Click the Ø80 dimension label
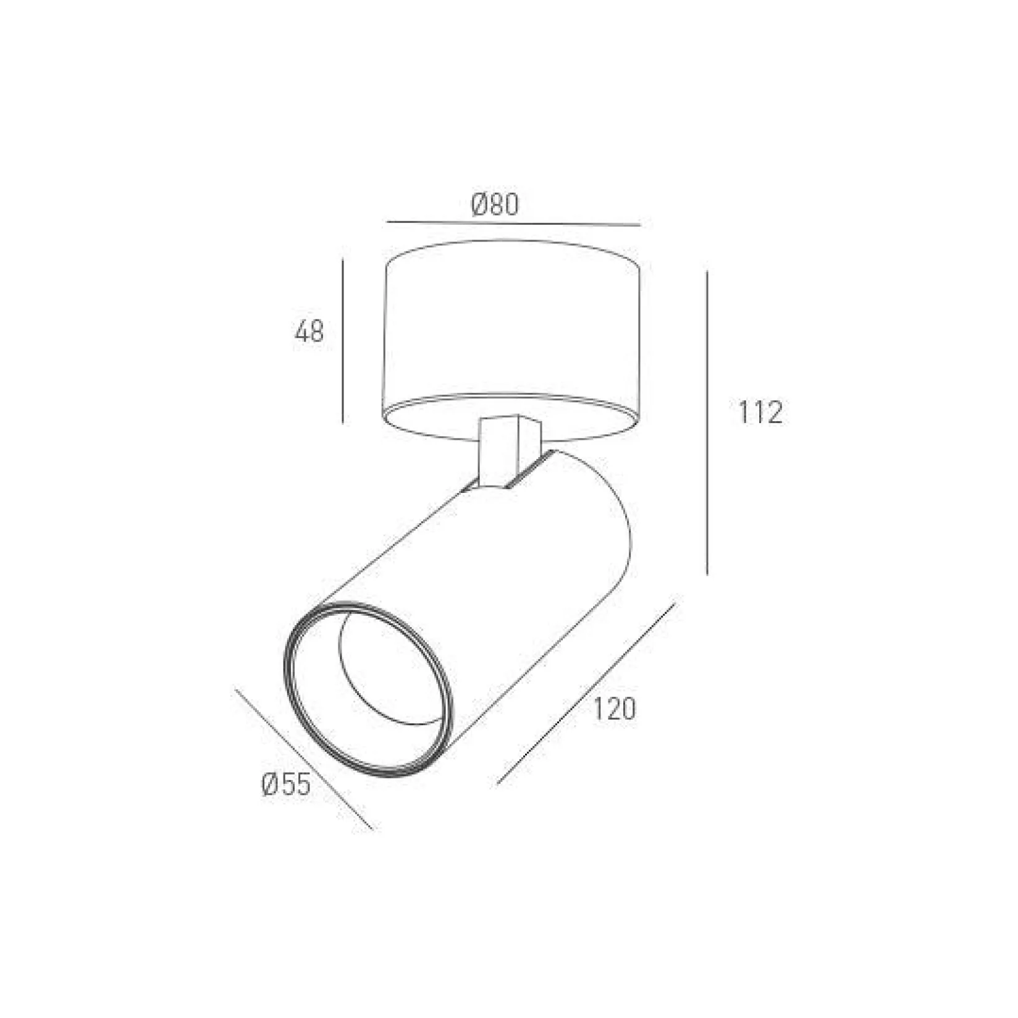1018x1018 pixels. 495,204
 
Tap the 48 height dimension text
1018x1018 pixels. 309,332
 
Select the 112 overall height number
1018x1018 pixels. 760,412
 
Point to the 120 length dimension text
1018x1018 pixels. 615,709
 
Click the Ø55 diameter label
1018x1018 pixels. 286,785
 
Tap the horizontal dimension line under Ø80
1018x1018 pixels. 513,223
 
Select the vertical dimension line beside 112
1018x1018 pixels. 707,422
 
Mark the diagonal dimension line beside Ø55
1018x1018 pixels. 305,759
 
